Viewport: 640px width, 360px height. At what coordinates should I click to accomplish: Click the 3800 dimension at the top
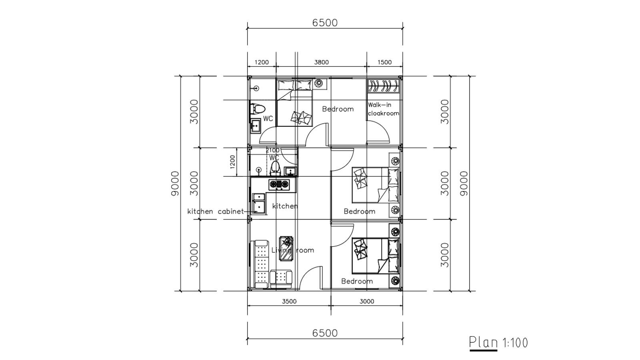point(321,62)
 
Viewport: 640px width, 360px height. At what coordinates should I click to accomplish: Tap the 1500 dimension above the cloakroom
point(384,62)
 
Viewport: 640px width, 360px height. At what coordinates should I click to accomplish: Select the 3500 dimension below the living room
point(289,301)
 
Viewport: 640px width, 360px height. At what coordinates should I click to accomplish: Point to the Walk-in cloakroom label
point(383,109)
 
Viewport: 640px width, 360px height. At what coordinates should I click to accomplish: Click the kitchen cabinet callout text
point(215,211)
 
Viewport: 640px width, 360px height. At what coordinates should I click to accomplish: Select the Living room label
point(292,250)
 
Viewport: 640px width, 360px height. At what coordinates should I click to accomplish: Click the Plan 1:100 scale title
point(498,342)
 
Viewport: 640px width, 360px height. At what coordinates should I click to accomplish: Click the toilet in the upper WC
point(256,109)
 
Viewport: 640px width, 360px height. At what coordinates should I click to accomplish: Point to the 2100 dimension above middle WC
point(273,150)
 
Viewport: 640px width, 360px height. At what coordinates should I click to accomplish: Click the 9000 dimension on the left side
point(174,183)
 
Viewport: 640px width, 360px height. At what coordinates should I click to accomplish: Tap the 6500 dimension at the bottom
point(325,333)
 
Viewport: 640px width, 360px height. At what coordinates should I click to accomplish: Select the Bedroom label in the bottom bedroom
point(357,281)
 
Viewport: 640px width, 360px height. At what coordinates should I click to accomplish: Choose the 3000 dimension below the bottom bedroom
point(367,301)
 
